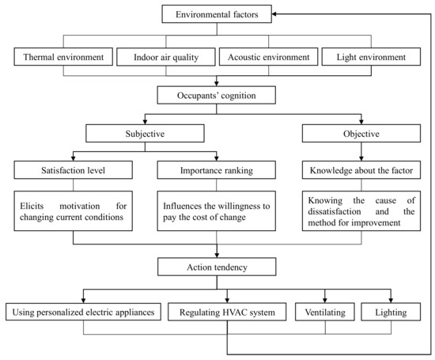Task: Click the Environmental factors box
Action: pyautogui.click(x=216, y=13)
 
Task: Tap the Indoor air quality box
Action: pyautogui.click(x=165, y=57)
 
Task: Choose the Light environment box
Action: pyautogui.click(x=368, y=57)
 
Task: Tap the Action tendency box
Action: pyautogui.click(x=216, y=267)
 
